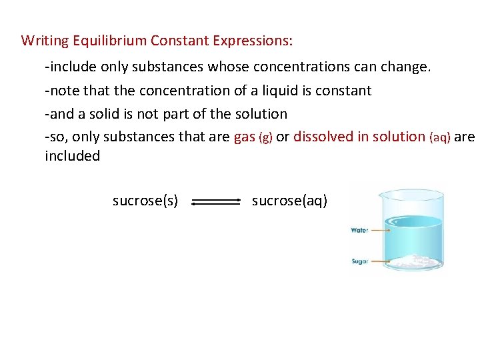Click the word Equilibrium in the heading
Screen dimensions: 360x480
coord(111,41)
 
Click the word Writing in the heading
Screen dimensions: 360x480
coord(45,41)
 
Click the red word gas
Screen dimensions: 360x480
coord(245,137)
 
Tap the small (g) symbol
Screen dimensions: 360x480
coord(265,138)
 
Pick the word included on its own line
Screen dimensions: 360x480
coord(72,156)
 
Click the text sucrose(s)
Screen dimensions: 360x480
coord(145,201)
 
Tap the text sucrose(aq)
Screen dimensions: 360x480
coord(289,201)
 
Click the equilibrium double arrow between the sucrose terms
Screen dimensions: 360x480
coord(215,201)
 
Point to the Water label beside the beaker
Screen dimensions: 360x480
coord(359,231)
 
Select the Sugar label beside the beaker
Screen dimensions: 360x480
coord(359,261)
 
